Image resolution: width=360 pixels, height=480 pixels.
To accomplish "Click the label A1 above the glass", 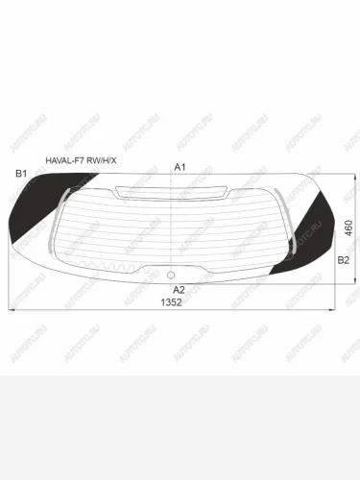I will tap(179, 167).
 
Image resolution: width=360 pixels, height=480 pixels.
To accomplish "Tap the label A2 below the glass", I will tap(179, 289).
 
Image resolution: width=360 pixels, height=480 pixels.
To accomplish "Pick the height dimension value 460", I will tap(348, 228).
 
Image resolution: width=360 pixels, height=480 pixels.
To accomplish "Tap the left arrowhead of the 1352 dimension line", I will tap(12, 309).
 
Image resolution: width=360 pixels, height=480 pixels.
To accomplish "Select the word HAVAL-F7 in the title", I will tap(64, 161).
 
